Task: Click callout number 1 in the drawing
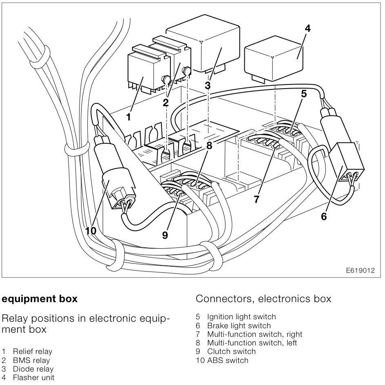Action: pyautogui.click(x=128, y=117)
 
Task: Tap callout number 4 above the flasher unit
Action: pyautogui.click(x=308, y=29)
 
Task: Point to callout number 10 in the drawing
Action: pyautogui.click(x=91, y=231)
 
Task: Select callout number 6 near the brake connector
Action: pyautogui.click(x=323, y=217)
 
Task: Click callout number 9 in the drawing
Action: pyautogui.click(x=165, y=236)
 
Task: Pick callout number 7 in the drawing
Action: pyautogui.click(x=256, y=199)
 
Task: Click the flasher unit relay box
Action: pyautogui.click(x=273, y=57)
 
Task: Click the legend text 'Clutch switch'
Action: pyautogui.click(x=231, y=352)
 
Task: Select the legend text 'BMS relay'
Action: pyautogui.click(x=31, y=360)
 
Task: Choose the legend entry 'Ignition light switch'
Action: pyautogui.click(x=241, y=317)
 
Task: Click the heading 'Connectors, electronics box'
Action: pyautogui.click(x=263, y=299)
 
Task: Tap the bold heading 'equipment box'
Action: pyautogui.click(x=40, y=299)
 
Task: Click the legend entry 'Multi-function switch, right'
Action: pyautogui.click(x=254, y=334)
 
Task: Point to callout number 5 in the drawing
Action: pyautogui.click(x=303, y=93)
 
